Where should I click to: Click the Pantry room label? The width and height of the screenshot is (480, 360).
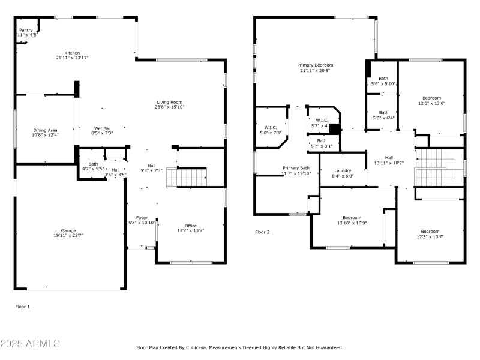coord(26,30)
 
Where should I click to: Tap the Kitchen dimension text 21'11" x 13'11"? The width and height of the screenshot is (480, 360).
coord(72,58)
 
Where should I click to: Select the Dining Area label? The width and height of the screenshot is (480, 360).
coord(46,130)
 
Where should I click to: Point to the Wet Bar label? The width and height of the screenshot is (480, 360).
coord(101,128)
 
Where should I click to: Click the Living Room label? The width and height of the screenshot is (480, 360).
coord(169,102)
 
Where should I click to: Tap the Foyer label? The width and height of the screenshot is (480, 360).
coord(142,217)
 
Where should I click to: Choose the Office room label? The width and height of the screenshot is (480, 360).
coord(191,226)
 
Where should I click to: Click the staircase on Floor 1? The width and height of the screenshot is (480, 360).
coord(187,178)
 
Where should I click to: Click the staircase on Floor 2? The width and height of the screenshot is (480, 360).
coord(439,167)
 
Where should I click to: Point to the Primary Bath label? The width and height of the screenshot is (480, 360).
coord(296,168)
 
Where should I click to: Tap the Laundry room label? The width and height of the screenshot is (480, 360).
coord(343,170)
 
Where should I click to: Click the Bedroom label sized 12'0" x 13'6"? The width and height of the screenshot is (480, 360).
coord(431,98)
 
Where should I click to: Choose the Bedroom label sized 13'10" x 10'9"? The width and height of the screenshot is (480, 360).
coord(352,217)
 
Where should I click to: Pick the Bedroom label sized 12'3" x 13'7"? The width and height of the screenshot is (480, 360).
coord(430,232)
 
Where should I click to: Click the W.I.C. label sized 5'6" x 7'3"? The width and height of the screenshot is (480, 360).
coord(270,127)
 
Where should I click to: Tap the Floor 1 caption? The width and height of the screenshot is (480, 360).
coord(22,307)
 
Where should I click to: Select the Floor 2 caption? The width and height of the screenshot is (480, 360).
coord(262,232)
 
